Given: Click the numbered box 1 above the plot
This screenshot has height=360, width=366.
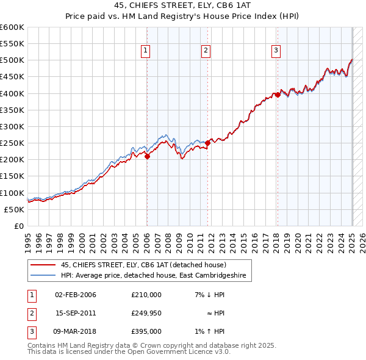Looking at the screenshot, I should [146, 51].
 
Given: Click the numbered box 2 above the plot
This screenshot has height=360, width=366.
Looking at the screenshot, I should [206, 51].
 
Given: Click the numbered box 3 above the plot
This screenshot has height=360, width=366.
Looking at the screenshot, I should [276, 51].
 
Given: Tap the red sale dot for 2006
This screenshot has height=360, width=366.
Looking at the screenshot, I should [147, 156].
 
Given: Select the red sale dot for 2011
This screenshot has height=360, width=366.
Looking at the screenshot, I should [207, 143].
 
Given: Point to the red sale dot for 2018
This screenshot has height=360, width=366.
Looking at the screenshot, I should [278, 95].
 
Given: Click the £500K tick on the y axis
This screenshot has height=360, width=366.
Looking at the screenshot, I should [12, 60].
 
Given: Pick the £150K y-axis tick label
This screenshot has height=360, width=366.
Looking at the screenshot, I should [12, 176].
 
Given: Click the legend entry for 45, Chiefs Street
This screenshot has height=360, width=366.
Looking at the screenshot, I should [143, 265].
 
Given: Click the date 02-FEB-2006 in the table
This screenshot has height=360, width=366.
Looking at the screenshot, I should [75, 295].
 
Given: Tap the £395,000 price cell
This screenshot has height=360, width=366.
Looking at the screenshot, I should [146, 331].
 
